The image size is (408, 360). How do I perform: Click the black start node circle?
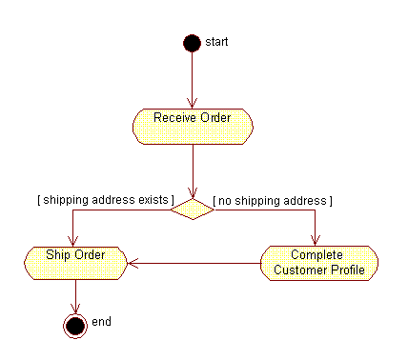[192, 43]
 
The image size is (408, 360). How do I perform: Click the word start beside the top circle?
[216, 42]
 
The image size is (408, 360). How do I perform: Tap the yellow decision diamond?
[192, 209]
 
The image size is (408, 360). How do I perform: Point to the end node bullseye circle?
[74, 325]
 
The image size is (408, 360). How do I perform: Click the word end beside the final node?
[101, 322]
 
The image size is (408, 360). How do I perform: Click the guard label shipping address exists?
[105, 200]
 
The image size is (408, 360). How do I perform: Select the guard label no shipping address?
[273, 200]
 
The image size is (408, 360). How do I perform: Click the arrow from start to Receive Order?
[192, 81]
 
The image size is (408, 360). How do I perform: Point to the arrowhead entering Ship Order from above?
[74, 240]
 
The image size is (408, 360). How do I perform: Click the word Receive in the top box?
[173, 117]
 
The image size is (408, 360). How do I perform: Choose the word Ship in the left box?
[59, 254]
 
